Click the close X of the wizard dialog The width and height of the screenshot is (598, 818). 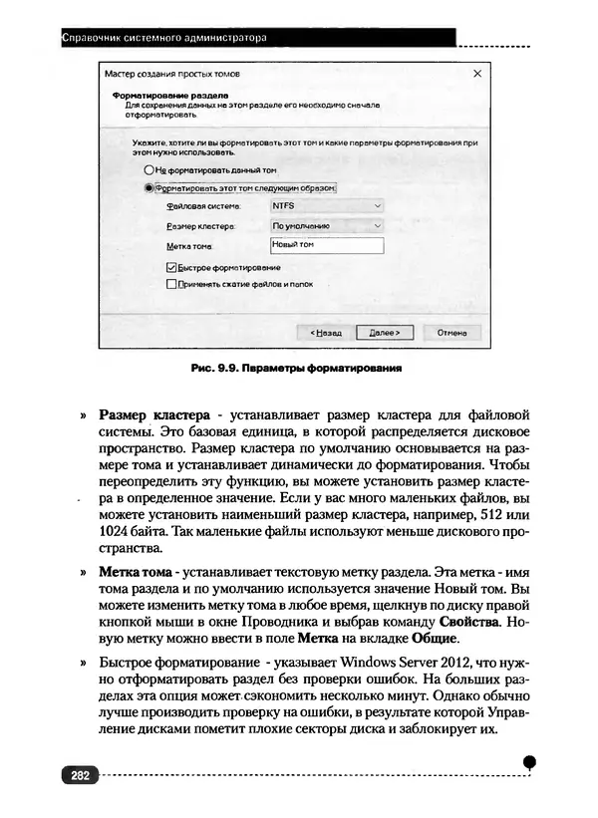[x=477, y=74]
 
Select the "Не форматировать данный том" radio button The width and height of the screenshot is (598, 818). [x=149, y=169]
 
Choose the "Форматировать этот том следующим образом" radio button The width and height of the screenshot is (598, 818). [x=149, y=186]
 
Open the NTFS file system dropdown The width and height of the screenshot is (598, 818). [x=326, y=206]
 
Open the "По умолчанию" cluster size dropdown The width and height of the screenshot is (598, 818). [x=326, y=225]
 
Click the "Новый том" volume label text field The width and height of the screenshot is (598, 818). [x=326, y=245]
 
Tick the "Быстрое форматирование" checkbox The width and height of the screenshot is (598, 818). [x=170, y=267]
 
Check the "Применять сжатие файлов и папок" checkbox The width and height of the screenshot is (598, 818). [x=170, y=284]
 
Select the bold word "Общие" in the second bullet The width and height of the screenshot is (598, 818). [x=434, y=639]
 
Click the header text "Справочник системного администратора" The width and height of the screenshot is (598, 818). [x=165, y=38]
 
